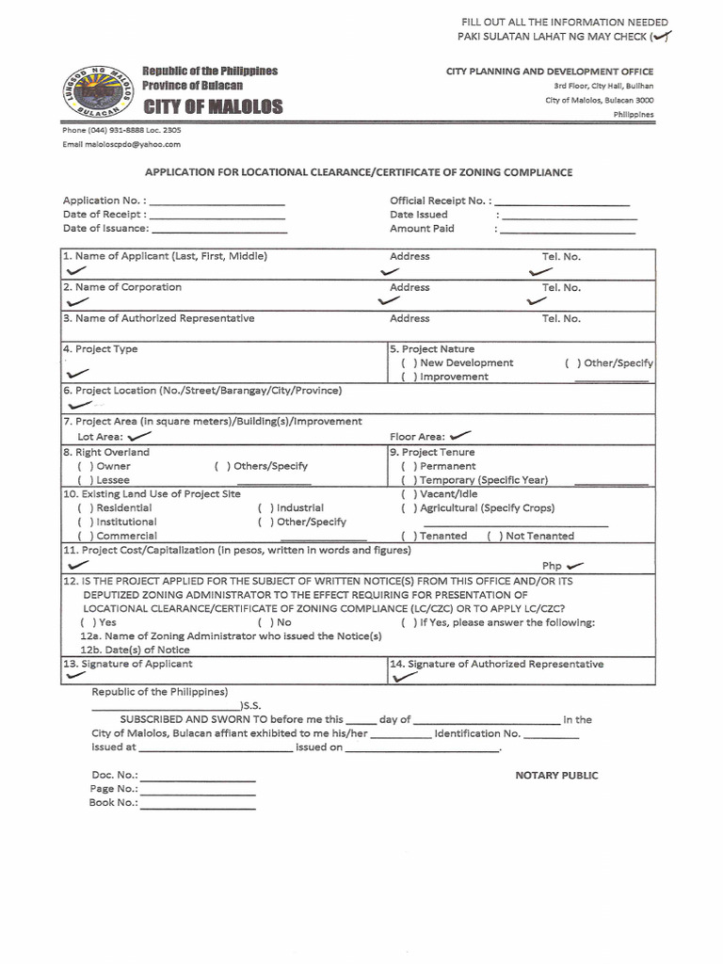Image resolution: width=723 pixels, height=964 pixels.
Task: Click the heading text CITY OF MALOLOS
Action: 212,107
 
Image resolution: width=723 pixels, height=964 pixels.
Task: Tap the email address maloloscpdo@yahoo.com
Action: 121,144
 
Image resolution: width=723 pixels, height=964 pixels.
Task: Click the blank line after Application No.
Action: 217,201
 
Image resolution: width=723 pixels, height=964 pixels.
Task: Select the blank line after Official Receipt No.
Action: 562,201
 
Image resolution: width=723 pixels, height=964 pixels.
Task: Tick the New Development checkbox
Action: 409,363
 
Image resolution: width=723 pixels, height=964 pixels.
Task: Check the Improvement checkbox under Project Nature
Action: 409,377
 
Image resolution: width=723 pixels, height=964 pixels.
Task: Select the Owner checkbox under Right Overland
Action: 85,466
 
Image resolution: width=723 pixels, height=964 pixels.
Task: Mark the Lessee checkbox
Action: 85,480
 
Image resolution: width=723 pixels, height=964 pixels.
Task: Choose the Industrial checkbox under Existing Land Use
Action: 265,507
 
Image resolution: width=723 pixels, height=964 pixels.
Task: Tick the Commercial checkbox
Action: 85,536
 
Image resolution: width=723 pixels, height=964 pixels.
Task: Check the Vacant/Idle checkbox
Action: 409,494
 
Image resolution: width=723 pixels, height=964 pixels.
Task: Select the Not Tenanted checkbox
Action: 494,536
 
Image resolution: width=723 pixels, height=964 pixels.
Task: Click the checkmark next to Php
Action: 575,565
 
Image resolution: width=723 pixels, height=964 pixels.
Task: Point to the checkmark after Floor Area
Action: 460,436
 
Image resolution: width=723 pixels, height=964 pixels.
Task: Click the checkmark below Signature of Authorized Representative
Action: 406,676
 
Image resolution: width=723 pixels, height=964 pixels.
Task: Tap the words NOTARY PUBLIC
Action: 556,776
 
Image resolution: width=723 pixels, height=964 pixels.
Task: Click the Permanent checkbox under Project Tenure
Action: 409,466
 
